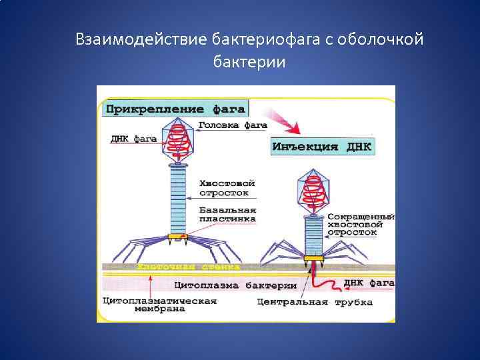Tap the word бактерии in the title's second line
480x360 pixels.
[x=249, y=62]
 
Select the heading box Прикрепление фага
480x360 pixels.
[x=175, y=108]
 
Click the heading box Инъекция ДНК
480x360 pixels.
[x=322, y=147]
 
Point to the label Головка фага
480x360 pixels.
[x=232, y=125]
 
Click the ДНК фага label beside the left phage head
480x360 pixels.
[x=133, y=139]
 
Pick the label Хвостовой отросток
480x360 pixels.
[x=227, y=187]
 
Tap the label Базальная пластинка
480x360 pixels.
[x=227, y=213]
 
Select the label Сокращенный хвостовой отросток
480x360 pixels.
[x=361, y=225]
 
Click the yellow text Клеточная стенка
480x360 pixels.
[x=188, y=267]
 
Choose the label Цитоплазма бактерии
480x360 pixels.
[x=235, y=285]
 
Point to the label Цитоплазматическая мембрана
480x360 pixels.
[x=159, y=305]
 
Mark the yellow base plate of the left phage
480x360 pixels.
[x=178, y=236]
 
